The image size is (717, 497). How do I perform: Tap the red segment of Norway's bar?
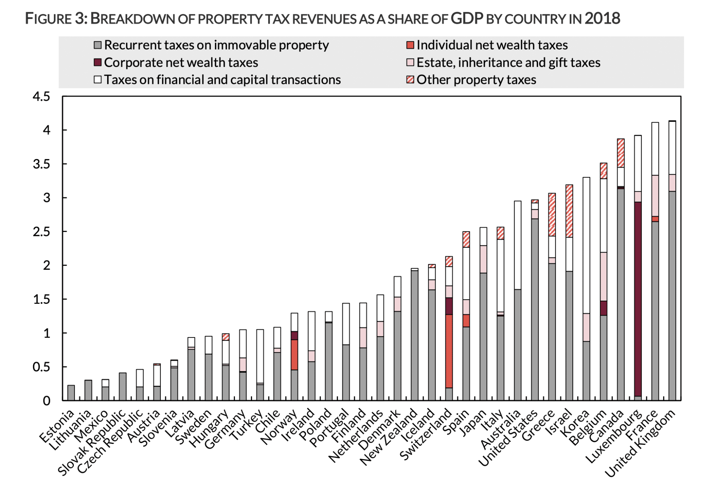tap(294, 355)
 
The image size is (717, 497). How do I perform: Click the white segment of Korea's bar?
tap(586, 245)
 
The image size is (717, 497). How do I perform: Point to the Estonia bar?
tap(71, 393)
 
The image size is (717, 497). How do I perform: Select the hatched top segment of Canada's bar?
tap(621, 153)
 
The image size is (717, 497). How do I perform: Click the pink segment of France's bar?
tap(655, 196)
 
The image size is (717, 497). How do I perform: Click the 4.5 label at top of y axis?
tap(42, 97)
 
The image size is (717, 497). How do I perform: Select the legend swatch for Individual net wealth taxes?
tap(410, 45)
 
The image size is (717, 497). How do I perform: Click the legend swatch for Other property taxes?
tap(410, 80)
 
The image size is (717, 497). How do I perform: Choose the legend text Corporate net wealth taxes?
tap(181, 63)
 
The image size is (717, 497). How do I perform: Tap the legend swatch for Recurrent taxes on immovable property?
tap(98, 45)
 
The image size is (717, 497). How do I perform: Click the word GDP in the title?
tap(467, 18)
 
